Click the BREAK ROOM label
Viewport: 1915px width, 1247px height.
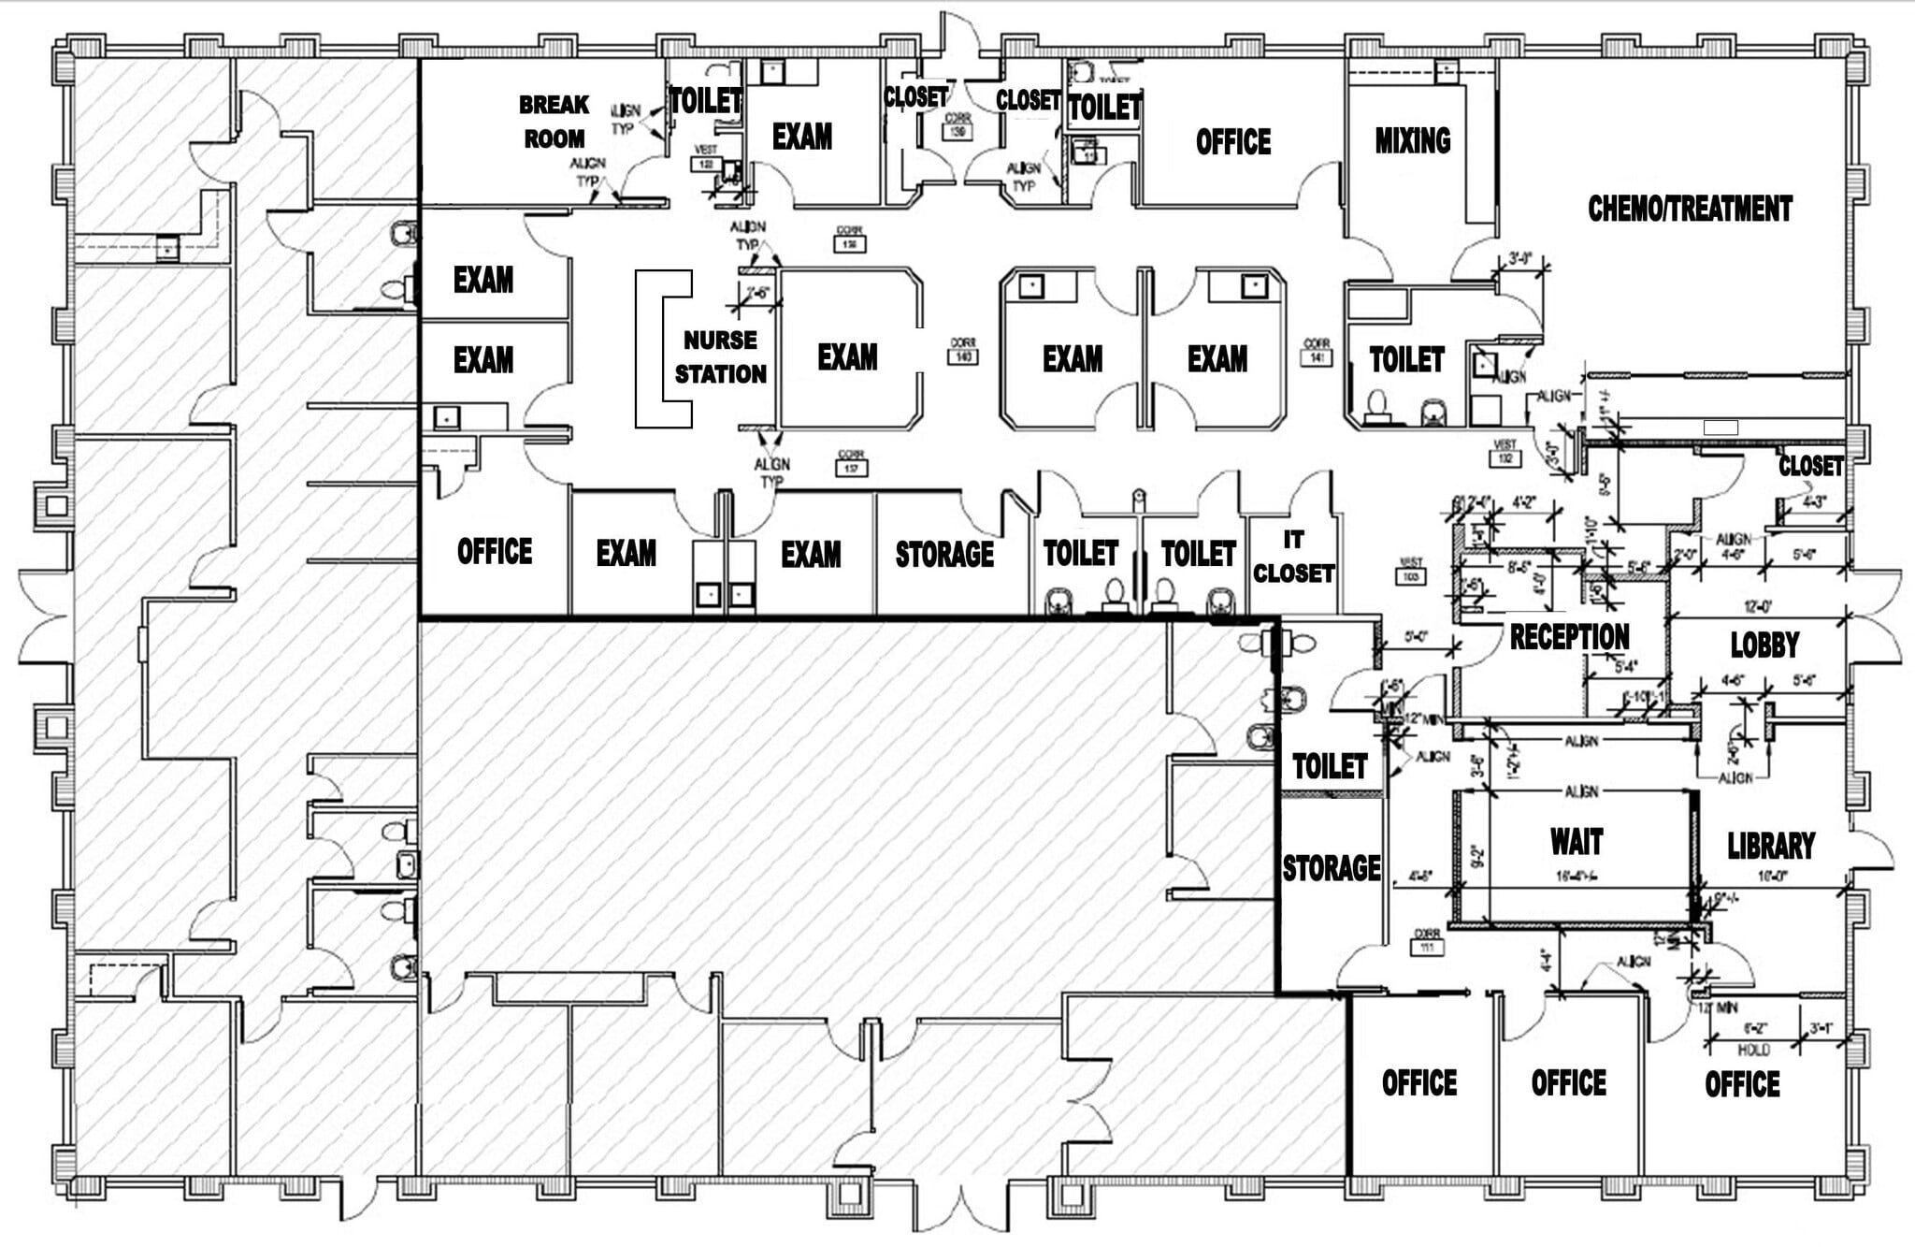(554, 122)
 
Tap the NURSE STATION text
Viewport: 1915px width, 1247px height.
(720, 357)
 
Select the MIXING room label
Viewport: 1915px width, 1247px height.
(1412, 140)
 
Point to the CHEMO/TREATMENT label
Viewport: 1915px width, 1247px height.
(1690, 208)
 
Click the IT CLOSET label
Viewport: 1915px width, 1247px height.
(1293, 557)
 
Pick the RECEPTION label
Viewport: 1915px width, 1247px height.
(1569, 637)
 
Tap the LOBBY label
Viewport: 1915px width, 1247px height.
(1764, 645)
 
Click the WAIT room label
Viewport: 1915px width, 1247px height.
(1577, 842)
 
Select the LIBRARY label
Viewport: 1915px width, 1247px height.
(1770, 846)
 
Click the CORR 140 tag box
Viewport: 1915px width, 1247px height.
(962, 356)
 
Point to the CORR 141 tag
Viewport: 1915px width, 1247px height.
(1316, 356)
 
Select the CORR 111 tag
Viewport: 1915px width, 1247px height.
(1427, 947)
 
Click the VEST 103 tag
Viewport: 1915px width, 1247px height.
(1410, 576)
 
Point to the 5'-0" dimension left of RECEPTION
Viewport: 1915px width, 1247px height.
(1417, 637)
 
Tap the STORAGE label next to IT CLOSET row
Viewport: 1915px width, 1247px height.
(944, 554)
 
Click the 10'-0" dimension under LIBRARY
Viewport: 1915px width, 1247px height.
(1772, 877)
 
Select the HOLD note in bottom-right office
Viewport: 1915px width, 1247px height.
(1753, 1050)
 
